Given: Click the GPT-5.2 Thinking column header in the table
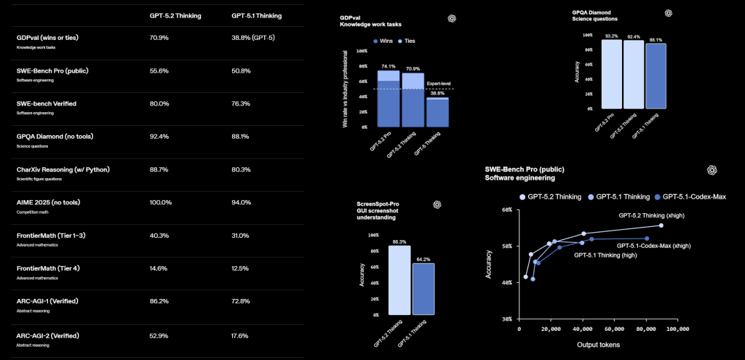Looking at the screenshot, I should point(170,15).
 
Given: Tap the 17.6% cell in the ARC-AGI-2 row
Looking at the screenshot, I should point(240,336).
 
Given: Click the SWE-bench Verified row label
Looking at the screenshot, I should point(46,103).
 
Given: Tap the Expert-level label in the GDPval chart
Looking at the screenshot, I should point(440,84).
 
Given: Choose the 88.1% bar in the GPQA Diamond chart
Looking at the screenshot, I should point(655,76).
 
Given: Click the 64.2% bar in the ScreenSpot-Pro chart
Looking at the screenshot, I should point(423,289).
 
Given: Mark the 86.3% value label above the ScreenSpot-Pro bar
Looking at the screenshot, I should point(399,241).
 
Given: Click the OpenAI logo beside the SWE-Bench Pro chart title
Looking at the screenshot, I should point(712,169).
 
